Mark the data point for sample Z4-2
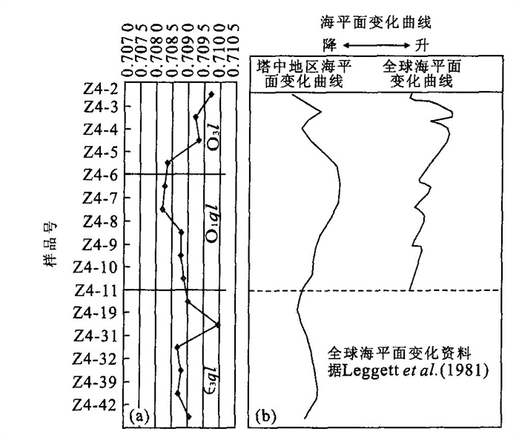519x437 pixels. point(212,94)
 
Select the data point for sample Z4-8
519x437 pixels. point(162,210)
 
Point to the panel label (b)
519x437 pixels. point(266,416)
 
